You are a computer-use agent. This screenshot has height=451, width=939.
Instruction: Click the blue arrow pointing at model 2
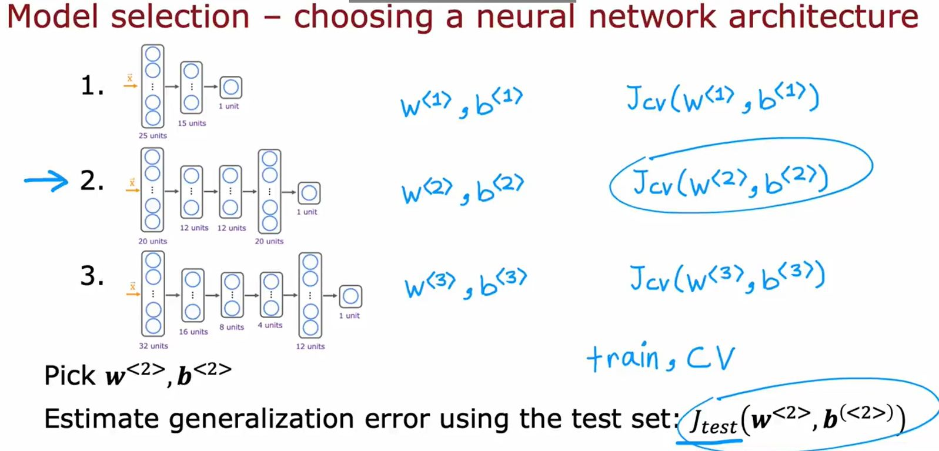(46, 181)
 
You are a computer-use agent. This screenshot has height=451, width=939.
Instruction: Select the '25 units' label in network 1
(152, 136)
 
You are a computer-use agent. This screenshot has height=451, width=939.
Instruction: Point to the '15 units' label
(192, 123)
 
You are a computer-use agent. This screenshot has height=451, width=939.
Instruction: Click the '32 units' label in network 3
(153, 346)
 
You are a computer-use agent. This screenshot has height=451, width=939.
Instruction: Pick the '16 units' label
(193, 332)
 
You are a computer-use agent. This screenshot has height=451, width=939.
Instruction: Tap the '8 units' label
(232, 328)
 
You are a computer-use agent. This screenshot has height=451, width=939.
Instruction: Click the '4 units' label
(270, 325)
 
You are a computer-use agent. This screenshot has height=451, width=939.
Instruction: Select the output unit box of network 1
(230, 88)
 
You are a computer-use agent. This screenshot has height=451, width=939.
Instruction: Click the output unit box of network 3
(350, 296)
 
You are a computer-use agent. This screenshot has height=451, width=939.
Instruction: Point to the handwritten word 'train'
(623, 358)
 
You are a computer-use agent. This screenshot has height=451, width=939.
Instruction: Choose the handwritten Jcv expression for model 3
(727, 278)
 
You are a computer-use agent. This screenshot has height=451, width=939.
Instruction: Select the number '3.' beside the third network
(92, 276)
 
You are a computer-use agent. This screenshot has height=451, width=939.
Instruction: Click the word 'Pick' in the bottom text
(69, 376)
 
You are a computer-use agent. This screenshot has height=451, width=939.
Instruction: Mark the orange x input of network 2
(132, 183)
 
